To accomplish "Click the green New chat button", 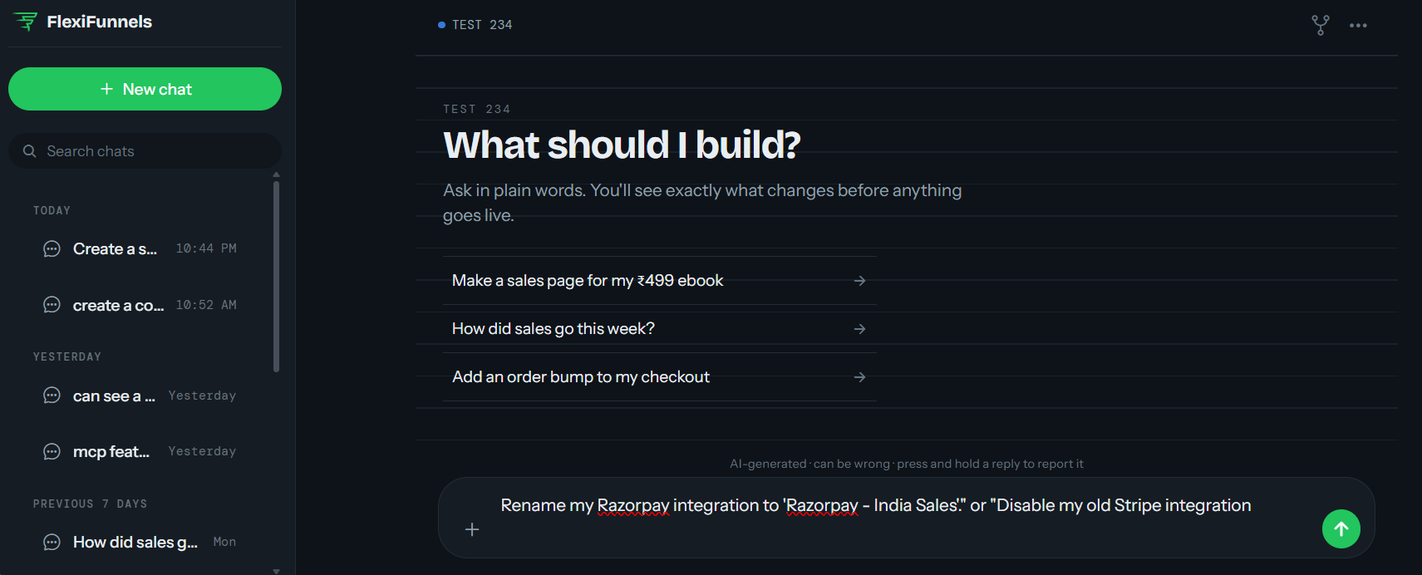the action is click(x=145, y=89).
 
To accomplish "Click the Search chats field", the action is click(x=145, y=151).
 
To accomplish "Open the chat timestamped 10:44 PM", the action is click(x=140, y=248).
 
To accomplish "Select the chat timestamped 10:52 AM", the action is click(x=140, y=305).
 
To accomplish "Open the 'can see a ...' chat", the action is click(x=140, y=396).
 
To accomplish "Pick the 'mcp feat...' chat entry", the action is click(x=140, y=452).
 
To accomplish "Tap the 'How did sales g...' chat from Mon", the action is click(x=140, y=542).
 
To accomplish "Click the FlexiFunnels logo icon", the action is click(x=26, y=22).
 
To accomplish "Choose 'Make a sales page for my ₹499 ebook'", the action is click(x=660, y=281).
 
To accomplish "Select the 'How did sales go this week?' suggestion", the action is click(x=660, y=329).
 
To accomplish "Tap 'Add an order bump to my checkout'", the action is click(x=660, y=377).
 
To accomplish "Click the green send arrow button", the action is click(x=1341, y=528).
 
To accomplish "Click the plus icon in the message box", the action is click(x=472, y=529).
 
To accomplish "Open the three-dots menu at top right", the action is click(x=1358, y=26).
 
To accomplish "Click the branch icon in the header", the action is click(x=1321, y=25).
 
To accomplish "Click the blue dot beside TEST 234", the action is click(x=441, y=25).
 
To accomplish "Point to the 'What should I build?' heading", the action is click(x=622, y=145).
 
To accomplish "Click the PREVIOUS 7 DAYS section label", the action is click(x=90, y=504).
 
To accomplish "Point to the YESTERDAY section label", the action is click(x=67, y=356).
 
